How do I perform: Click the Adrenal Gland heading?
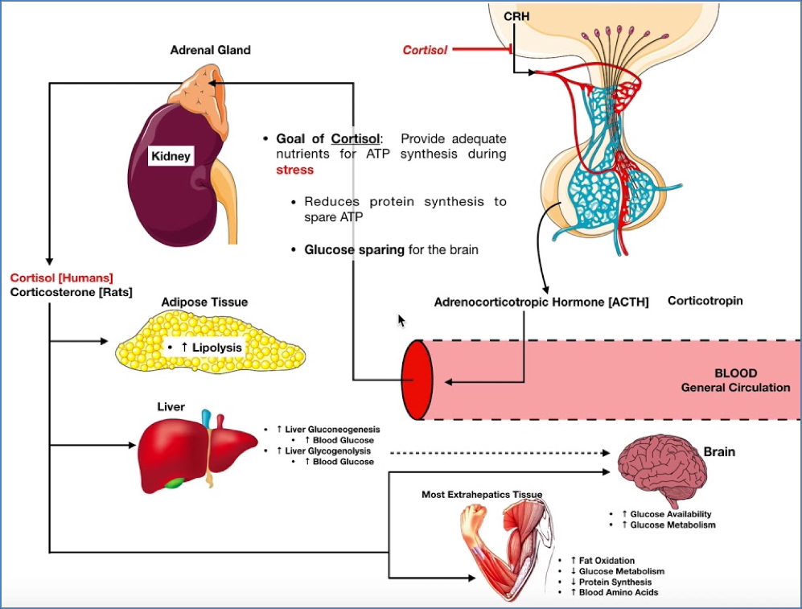[x=210, y=50]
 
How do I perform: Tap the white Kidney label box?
[x=171, y=155]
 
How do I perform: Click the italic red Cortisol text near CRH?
[x=425, y=51]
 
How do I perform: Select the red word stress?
[x=294, y=170]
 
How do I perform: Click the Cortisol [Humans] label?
[x=62, y=278]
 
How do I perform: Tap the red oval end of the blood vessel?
[x=417, y=379]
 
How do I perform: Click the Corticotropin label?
[x=705, y=300]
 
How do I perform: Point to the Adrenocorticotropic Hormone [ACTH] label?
[x=541, y=302]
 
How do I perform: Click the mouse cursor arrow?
[x=402, y=321]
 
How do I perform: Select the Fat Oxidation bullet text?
[x=603, y=560]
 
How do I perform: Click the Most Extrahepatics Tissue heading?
[x=482, y=494]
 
